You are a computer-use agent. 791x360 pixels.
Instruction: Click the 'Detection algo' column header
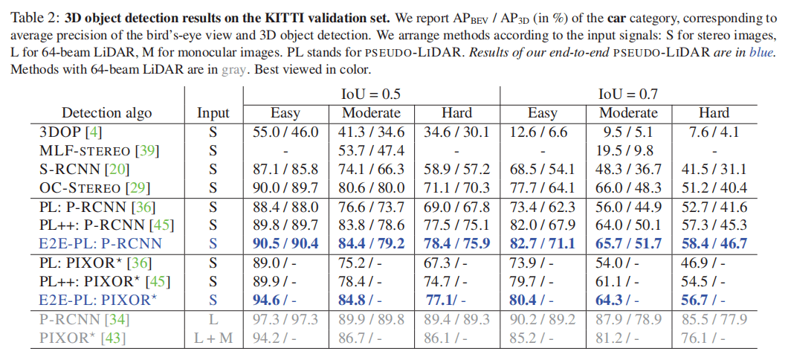click(x=106, y=113)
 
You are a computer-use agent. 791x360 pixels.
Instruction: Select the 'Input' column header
click(x=213, y=113)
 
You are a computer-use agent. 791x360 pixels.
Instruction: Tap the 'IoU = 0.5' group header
click(x=370, y=94)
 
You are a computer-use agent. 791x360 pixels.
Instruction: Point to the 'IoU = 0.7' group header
click(x=628, y=94)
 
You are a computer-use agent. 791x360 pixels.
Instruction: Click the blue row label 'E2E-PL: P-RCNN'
click(x=100, y=242)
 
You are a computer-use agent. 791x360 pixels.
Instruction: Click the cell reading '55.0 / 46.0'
click(x=285, y=132)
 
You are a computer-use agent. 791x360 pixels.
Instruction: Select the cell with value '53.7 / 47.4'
click(x=371, y=151)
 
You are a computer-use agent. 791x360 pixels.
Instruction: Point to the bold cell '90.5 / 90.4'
click(x=285, y=243)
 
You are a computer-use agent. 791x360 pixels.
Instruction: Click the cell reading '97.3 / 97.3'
click(x=285, y=318)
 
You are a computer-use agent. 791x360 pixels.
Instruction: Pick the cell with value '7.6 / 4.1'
click(x=714, y=132)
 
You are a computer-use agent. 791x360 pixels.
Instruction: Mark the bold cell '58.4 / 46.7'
click(x=714, y=243)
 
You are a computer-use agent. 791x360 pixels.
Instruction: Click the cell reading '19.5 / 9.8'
click(x=628, y=151)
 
